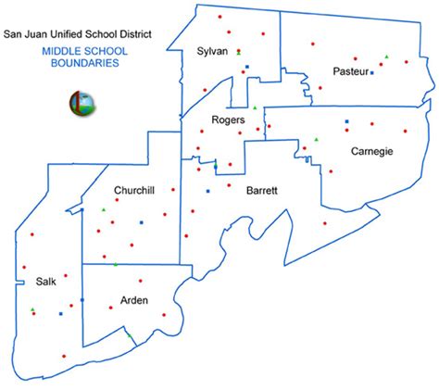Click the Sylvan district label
coord(213,51)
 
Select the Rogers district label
coord(228,120)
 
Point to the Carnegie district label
coord(373,150)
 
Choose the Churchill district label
coord(133,190)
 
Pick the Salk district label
coord(46,281)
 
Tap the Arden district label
coord(135,300)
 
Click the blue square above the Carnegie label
coord(347,121)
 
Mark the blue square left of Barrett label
coord(207,191)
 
